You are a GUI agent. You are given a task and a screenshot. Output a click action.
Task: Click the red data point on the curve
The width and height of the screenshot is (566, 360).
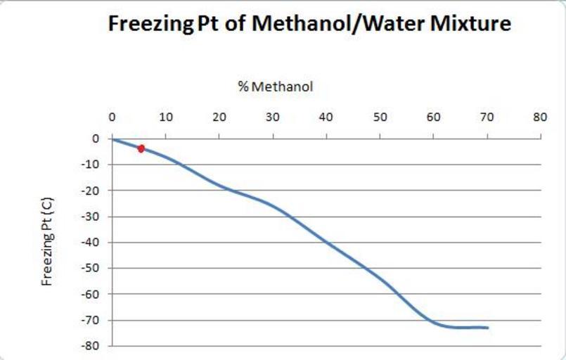(x=141, y=148)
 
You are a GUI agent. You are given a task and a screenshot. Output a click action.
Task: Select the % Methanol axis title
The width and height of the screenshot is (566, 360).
(x=275, y=87)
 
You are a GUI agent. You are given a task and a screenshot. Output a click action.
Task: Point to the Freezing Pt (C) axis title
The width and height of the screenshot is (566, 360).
(x=48, y=241)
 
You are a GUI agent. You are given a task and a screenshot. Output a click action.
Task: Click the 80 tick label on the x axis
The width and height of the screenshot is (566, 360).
(x=540, y=117)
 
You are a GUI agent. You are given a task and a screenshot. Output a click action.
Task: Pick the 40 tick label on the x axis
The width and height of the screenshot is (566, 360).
(x=326, y=117)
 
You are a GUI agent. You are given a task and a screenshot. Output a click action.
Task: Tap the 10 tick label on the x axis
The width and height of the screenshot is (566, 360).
(x=165, y=117)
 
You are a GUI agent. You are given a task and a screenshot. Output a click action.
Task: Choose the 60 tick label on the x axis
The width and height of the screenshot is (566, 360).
(x=433, y=117)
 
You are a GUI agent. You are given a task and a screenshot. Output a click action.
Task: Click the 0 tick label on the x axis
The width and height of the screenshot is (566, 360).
(x=112, y=117)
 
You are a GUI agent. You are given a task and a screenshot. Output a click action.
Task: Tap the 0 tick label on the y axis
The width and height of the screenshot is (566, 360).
(x=95, y=139)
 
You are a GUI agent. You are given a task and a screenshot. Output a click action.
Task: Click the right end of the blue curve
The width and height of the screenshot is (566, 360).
(x=487, y=328)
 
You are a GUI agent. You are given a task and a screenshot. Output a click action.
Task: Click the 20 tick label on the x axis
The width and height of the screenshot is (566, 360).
(x=219, y=117)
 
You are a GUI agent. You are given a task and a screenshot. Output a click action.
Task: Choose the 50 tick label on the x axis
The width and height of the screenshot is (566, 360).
(x=380, y=117)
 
